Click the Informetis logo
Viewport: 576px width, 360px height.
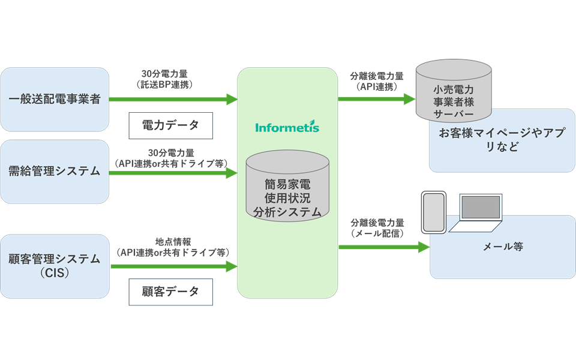pyautogui.click(x=287, y=127)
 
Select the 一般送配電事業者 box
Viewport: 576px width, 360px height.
pyautogui.click(x=55, y=99)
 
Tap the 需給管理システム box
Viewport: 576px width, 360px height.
pyautogui.click(x=55, y=172)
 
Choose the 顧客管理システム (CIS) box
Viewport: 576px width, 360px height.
pyautogui.click(x=55, y=266)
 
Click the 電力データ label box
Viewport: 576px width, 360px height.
pyautogui.click(x=171, y=125)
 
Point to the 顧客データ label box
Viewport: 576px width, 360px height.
pyautogui.click(x=171, y=292)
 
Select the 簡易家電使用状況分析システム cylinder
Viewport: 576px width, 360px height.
pyautogui.click(x=287, y=186)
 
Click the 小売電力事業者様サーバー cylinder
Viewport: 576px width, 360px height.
pyautogui.click(x=454, y=91)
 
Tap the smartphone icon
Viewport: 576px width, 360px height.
pyautogui.click(x=434, y=212)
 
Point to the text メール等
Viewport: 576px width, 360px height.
pyautogui.click(x=503, y=247)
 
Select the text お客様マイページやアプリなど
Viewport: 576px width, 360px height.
pyautogui.click(x=502, y=140)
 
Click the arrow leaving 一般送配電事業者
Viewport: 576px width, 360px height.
pyautogui.click(x=173, y=99)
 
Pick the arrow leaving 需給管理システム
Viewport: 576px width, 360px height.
pyautogui.click(x=173, y=173)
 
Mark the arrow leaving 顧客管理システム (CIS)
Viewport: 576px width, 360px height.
pyautogui.click(x=174, y=266)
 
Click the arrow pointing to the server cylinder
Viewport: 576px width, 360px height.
pyautogui.click(x=377, y=99)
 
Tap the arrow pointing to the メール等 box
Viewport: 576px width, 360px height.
pyautogui.click(x=384, y=247)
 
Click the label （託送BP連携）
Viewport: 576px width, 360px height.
pyautogui.click(x=164, y=85)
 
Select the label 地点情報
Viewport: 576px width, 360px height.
pyautogui.click(x=173, y=242)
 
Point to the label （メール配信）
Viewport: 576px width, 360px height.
pyautogui.click(x=377, y=233)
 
